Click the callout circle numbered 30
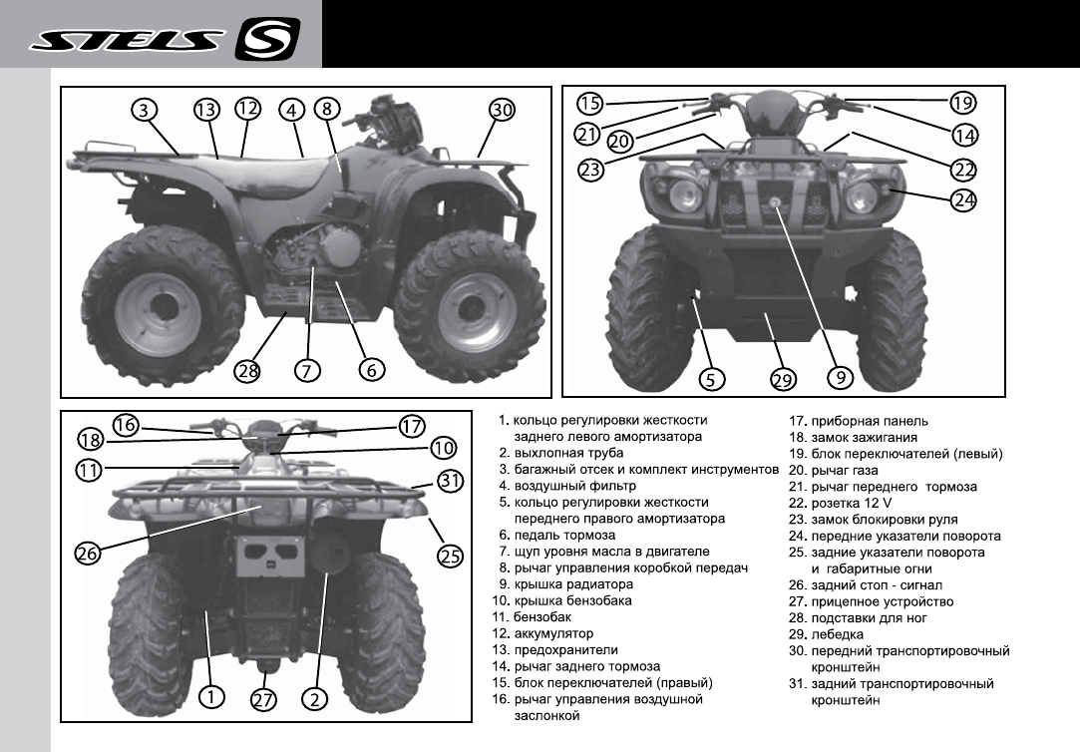point(502,110)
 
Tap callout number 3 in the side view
point(146,110)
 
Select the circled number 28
point(246,370)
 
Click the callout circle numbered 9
point(840,378)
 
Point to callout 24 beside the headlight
point(962,199)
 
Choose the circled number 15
point(590,103)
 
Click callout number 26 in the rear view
point(87,555)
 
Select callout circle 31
point(451,481)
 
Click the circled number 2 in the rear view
point(315,698)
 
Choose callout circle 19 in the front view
point(962,102)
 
